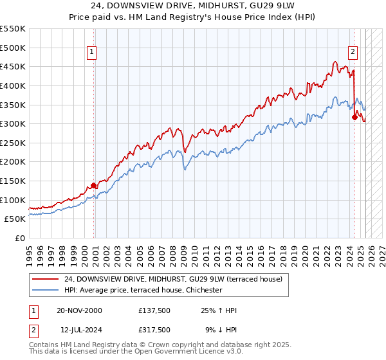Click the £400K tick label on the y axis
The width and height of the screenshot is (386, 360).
(13, 85)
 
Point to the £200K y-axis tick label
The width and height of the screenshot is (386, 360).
(13, 162)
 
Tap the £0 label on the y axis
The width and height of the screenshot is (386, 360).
(21, 239)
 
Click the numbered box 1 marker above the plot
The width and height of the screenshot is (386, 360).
(92, 53)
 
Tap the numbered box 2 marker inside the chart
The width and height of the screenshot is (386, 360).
(353, 53)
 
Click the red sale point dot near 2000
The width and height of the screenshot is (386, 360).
(94, 185)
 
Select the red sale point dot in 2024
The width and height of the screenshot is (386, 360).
(354, 117)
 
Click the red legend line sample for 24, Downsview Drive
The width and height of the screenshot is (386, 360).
(45, 279)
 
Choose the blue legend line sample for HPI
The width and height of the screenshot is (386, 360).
(45, 291)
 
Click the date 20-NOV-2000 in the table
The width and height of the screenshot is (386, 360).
(79, 310)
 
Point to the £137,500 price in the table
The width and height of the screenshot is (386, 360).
(154, 310)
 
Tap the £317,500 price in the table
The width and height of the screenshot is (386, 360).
(154, 329)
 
